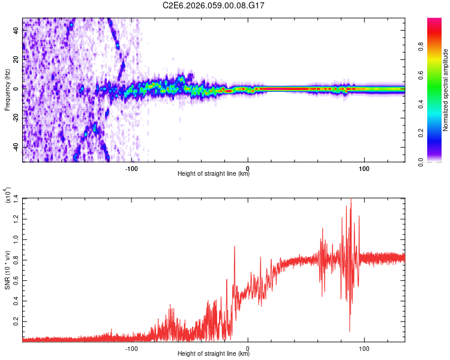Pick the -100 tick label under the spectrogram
pos(132,168)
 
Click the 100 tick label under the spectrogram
pos(364,168)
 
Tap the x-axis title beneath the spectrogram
pos(214,175)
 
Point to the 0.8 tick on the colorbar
pos(439,47)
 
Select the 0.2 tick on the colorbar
pos(439,133)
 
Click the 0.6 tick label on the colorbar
pos(439,76)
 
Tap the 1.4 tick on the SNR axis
pos(16,198)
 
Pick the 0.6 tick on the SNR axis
pos(16,280)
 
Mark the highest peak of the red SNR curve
pos(351,199)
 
